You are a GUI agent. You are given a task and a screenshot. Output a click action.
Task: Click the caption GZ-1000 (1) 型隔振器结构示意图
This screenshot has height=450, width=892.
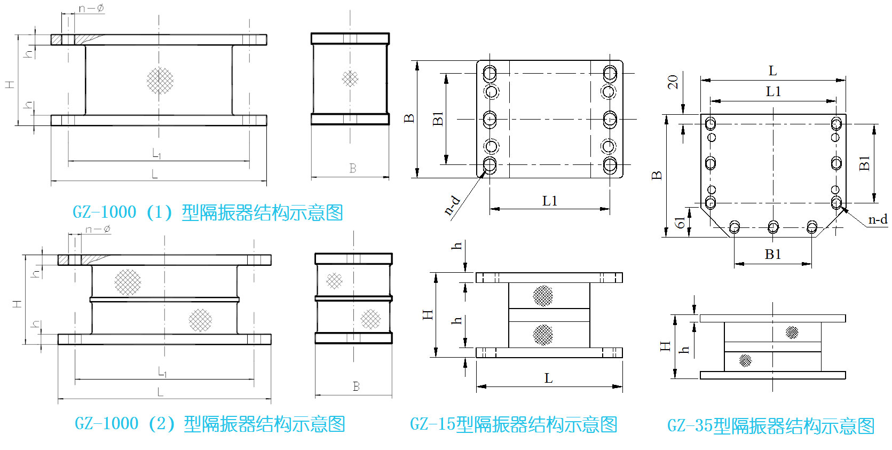click(x=207, y=212)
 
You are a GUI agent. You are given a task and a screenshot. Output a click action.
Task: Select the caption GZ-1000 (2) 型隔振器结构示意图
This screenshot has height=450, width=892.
click(x=209, y=424)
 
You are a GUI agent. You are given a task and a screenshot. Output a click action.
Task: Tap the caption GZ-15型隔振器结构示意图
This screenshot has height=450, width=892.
click(x=513, y=424)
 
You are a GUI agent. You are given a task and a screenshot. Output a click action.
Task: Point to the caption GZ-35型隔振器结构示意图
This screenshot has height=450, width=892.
click(x=770, y=425)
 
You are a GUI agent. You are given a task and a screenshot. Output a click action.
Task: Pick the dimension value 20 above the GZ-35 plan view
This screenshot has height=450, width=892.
click(x=673, y=82)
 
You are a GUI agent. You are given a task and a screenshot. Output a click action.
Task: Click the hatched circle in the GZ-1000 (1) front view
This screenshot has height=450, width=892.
click(x=160, y=81)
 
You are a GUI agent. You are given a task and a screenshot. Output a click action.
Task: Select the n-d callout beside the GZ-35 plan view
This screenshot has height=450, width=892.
click(x=877, y=219)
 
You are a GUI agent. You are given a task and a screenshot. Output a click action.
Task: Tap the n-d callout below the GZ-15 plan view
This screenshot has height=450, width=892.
click(x=452, y=204)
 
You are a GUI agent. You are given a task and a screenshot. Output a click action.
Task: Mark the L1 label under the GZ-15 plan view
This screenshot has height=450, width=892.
click(x=549, y=201)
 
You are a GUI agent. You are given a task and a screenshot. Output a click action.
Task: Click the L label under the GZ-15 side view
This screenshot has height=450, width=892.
click(x=548, y=378)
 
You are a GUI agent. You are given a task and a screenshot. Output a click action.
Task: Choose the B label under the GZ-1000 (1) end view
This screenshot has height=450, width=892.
click(x=353, y=168)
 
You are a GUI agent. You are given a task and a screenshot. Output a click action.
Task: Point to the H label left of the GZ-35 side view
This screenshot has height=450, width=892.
click(x=665, y=346)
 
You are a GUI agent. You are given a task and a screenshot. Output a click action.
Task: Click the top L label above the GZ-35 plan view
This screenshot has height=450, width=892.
click(x=772, y=70)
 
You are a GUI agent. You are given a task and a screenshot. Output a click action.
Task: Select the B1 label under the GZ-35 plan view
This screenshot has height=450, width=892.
click(x=772, y=254)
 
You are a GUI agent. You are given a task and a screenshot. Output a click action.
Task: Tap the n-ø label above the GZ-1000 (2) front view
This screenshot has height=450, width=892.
click(x=98, y=229)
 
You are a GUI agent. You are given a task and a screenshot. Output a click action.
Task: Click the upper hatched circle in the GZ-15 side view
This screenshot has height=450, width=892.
click(x=543, y=296)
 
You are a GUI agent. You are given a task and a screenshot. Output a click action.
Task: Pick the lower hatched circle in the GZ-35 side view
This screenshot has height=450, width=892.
click(x=745, y=360)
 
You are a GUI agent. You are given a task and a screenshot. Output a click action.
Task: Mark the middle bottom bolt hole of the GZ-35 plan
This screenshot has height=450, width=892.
click(x=773, y=227)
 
